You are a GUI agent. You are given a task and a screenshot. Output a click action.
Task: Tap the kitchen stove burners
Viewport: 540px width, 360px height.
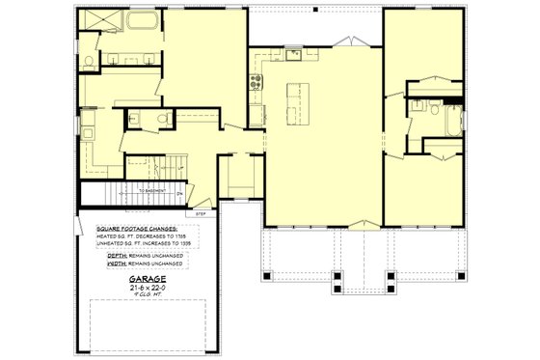[257, 84]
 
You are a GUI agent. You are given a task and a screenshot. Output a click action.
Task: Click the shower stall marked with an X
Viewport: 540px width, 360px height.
[97, 24]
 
